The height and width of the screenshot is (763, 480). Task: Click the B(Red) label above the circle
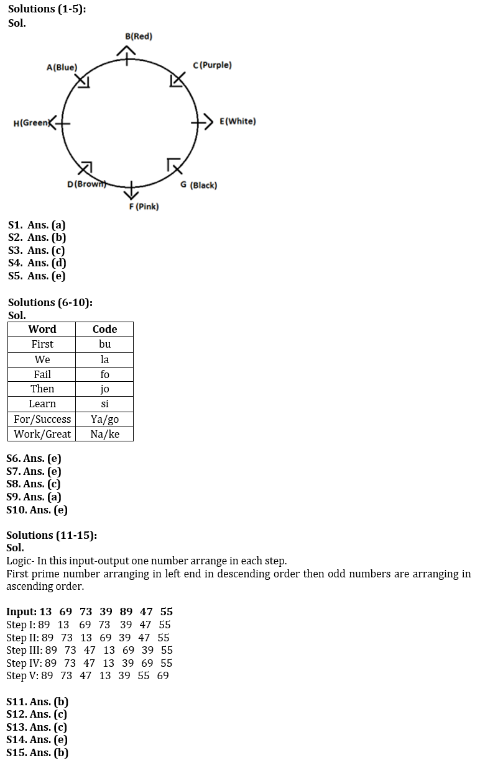138,36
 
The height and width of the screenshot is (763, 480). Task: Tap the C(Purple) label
212,65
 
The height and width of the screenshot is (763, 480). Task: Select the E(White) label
238,121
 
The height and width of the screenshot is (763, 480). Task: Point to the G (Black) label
198,185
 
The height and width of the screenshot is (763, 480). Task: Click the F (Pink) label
144,206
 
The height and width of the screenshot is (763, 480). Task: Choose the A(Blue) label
62,67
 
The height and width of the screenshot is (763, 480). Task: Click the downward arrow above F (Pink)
131,190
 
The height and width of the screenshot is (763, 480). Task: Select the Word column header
42,329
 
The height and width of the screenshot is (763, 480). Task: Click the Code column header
104,329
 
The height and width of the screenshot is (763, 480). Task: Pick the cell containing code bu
104,344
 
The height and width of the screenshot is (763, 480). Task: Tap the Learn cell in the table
42,404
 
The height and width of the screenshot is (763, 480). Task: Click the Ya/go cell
104,419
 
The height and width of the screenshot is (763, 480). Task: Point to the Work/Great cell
42,434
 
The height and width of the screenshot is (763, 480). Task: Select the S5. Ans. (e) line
37,276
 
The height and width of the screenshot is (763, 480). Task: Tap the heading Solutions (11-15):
52,535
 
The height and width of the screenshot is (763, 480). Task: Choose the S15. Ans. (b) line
37,752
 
